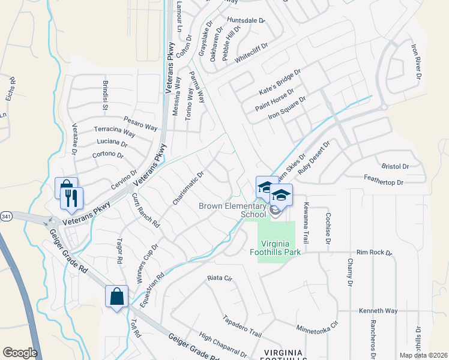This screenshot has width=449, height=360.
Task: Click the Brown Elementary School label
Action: click(x=232, y=210)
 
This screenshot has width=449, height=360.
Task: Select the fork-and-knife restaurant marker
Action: click(x=71, y=199)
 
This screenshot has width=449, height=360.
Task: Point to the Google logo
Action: click(x=20, y=353)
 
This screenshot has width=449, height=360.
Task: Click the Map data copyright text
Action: click(x=423, y=355)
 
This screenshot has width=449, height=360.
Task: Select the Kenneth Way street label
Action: click(x=378, y=311)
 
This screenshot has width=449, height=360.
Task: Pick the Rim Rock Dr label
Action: click(x=373, y=253)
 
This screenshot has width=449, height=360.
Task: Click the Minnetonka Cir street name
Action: click(x=318, y=326)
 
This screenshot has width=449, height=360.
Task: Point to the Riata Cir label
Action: click(x=219, y=278)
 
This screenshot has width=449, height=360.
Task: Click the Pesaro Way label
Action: click(x=140, y=124)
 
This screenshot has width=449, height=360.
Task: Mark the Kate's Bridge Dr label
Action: click(x=279, y=78)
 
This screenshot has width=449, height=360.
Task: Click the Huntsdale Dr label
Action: click(x=246, y=20)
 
